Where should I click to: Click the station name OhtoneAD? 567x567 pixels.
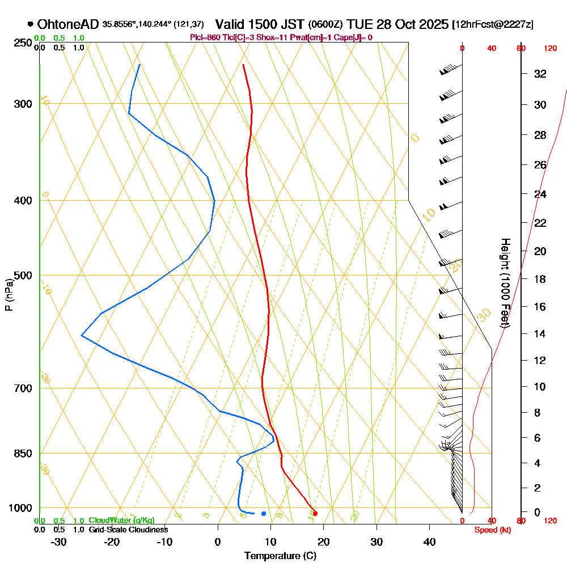pyautogui.click(x=69, y=24)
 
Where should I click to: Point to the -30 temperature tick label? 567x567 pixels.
pyautogui.click(x=59, y=542)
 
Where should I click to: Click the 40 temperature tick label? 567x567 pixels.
pyautogui.click(x=430, y=542)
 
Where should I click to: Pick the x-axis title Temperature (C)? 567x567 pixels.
pyautogui.click(x=280, y=556)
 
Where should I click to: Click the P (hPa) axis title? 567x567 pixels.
pyautogui.click(x=9, y=295)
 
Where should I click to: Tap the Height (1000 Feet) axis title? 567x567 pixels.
pyautogui.click(x=504, y=283)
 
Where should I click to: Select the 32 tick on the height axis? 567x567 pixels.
pyautogui.click(x=540, y=74)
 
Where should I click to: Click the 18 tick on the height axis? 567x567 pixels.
pyautogui.click(x=540, y=279)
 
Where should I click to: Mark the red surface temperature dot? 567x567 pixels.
pyautogui.click(x=315, y=514)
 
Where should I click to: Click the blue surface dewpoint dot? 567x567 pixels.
pyautogui.click(x=264, y=514)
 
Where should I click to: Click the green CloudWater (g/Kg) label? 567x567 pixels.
pyautogui.click(x=121, y=521)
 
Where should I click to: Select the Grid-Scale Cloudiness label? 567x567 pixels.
pyautogui.click(x=128, y=530)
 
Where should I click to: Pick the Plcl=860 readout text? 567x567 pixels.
pyautogui.click(x=205, y=37)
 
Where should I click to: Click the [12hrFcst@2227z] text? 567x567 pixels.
pyautogui.click(x=492, y=25)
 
